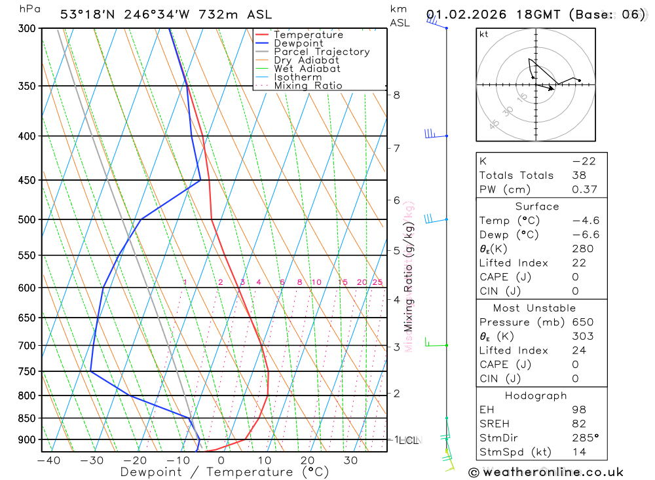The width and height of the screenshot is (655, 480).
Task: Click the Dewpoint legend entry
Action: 298,43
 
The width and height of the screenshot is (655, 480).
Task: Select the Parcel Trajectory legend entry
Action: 322,52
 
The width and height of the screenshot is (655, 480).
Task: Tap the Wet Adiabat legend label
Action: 307,69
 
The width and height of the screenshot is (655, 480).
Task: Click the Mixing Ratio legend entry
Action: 308,86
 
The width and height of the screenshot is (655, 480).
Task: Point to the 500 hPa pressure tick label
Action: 26,220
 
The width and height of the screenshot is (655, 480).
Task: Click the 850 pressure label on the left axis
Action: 26,418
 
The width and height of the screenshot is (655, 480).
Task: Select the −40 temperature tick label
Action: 48,461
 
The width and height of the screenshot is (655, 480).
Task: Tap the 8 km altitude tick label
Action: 397,95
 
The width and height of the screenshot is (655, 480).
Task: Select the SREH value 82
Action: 579,424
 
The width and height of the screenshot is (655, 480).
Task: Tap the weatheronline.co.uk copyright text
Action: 546,472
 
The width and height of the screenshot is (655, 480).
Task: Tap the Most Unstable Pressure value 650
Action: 582,322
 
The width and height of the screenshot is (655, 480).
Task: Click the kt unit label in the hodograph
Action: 484,34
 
